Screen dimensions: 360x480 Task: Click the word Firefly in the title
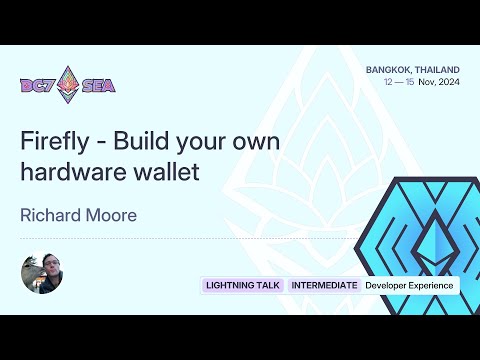tap(51, 140)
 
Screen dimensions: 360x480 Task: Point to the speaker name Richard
tap(50, 213)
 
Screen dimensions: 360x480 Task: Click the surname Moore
tap(112, 213)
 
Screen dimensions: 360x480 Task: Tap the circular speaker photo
tap(42, 274)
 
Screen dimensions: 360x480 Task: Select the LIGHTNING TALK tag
tap(243, 286)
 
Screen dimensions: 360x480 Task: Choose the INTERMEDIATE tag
tap(324, 286)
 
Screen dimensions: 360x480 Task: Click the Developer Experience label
tap(409, 286)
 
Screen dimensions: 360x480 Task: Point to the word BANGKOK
tap(391, 69)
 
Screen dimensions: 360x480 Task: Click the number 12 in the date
tap(389, 82)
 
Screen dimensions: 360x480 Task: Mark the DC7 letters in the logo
tap(38, 86)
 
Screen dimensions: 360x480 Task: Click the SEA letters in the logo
tap(98, 86)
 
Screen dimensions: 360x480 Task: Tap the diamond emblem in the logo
tap(68, 84)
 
